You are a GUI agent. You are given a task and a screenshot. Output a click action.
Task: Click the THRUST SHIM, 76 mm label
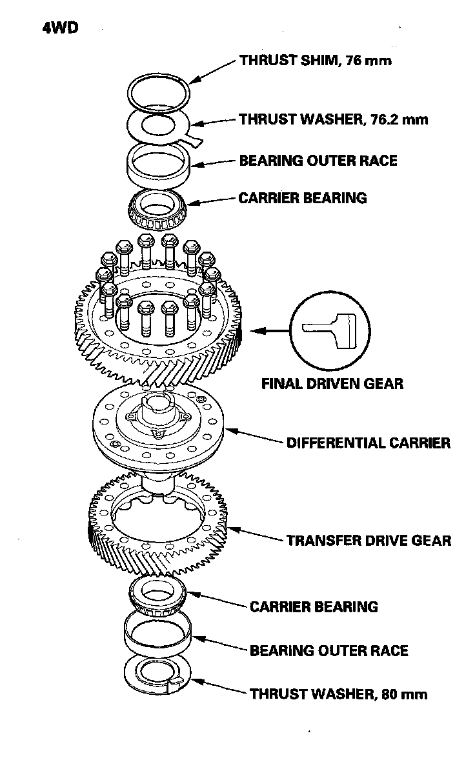click(316, 61)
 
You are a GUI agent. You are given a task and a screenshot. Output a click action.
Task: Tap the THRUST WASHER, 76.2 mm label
click(333, 120)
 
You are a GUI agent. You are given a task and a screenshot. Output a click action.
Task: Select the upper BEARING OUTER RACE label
click(318, 160)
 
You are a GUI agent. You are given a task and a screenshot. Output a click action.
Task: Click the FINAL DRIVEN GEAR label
click(332, 383)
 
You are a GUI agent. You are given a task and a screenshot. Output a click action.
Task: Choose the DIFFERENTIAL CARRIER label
click(368, 443)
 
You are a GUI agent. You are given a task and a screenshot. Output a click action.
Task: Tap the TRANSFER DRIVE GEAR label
click(369, 541)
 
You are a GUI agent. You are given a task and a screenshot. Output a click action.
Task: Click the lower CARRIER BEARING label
click(314, 606)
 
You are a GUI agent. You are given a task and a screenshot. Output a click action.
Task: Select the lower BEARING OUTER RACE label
click(329, 650)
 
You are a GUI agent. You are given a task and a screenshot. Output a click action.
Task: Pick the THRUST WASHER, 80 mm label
click(339, 694)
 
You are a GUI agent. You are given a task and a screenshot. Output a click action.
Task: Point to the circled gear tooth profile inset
click(328, 328)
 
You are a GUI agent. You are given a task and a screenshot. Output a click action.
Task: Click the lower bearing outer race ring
click(159, 632)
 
